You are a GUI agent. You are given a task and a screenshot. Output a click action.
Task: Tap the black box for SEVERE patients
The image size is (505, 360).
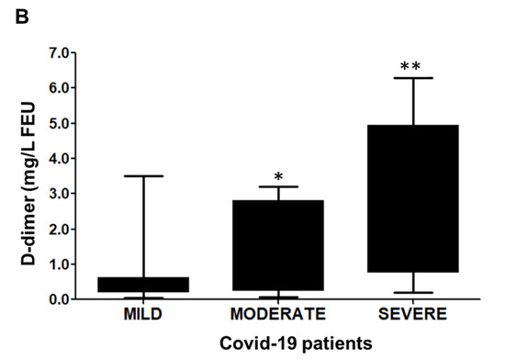[412, 198]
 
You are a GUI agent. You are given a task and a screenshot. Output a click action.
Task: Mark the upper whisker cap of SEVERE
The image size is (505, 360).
[412, 78]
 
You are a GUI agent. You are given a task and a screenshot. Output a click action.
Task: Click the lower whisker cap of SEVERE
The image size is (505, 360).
[412, 292]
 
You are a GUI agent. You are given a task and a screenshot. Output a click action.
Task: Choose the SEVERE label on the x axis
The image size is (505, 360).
[412, 314]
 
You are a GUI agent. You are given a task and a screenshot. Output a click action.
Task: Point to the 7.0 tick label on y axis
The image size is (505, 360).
[58, 53]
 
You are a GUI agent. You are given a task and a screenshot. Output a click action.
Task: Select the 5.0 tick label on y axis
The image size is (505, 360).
[58, 123]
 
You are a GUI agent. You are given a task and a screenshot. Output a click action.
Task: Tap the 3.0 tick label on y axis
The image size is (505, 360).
[58, 194]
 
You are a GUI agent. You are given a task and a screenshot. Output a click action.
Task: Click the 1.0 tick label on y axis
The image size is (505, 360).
[58, 264]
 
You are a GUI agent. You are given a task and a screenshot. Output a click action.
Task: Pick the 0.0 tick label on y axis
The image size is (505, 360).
[58, 299]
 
